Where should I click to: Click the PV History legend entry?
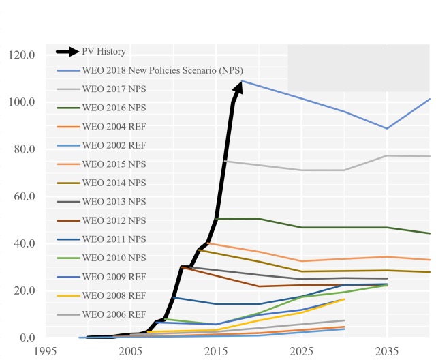(104, 51)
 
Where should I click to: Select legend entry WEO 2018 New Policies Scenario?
(162, 70)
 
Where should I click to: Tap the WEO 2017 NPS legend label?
(114, 89)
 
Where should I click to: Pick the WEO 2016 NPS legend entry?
(114, 108)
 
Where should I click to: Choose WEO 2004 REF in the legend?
(114, 126)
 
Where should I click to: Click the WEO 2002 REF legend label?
(114, 145)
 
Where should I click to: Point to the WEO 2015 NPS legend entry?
(114, 164)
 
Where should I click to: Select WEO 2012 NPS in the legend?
(114, 220)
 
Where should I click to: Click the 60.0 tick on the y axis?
(24, 196)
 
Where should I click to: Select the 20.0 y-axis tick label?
(24, 290)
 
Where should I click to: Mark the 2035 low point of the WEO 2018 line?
(387, 128)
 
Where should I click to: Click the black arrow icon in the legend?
(68, 51)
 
